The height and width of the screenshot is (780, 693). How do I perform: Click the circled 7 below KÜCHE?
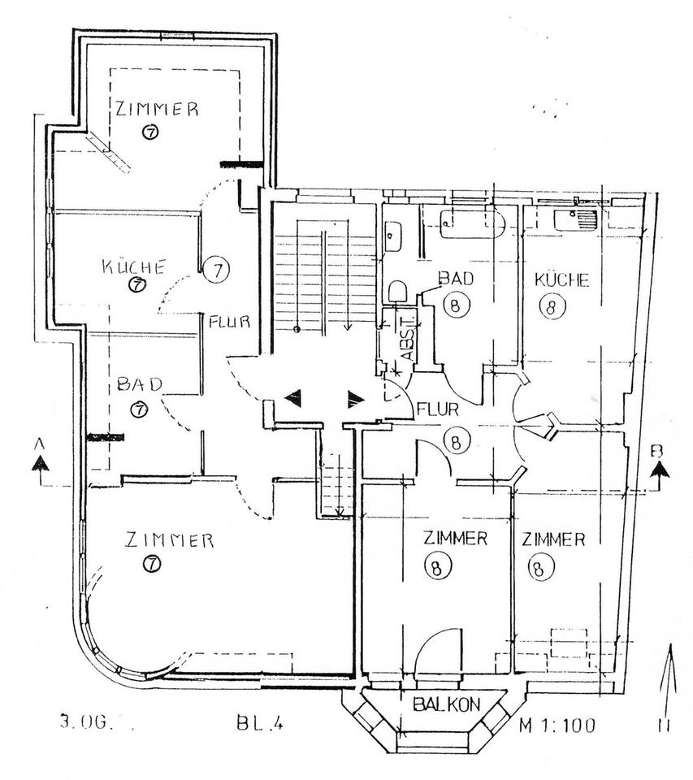(x=136, y=284)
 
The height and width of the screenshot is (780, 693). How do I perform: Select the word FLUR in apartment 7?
(x=230, y=321)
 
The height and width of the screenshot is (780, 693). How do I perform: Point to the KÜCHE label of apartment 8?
(x=561, y=280)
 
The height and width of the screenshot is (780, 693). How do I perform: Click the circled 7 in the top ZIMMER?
(x=151, y=132)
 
